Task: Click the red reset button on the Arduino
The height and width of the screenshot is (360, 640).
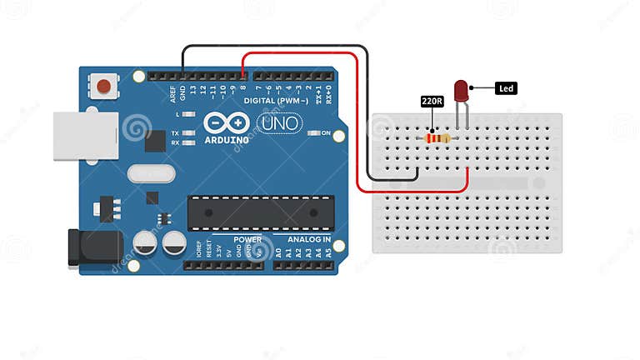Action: pos(103,86)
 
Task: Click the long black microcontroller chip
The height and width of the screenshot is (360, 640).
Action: pos(254,212)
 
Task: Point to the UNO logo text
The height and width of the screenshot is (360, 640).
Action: pos(277,124)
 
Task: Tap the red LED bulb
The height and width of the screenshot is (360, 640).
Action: pos(462,91)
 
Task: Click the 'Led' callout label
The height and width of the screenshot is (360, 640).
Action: pos(506,87)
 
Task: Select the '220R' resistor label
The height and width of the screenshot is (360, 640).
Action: pos(431,102)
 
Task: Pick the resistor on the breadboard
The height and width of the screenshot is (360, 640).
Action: pos(437,137)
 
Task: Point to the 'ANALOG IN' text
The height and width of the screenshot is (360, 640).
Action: pos(309,240)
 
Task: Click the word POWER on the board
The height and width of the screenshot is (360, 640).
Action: pos(247,240)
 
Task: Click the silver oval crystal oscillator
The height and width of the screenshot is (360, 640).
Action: pos(151,173)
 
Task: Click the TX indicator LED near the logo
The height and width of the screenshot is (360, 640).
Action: pos(189,133)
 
